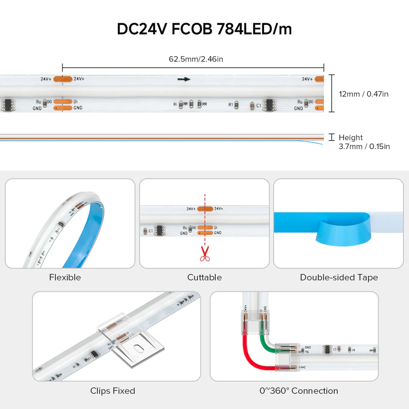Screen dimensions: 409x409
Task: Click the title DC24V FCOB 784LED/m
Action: tap(204, 29)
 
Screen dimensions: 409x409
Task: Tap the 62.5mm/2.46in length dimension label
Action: tap(196, 59)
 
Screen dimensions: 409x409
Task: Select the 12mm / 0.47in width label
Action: tap(364, 94)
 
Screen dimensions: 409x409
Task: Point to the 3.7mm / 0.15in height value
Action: tap(364, 146)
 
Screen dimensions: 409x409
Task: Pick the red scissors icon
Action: tap(204, 253)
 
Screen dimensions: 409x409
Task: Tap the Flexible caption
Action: tap(65, 277)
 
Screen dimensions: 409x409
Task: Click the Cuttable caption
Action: tap(204, 277)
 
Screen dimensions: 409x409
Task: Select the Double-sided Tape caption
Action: tap(339, 277)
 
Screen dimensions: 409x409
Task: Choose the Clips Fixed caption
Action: tap(112, 390)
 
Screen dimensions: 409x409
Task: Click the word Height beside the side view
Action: tap(350, 138)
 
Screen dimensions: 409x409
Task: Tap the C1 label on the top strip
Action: tap(259, 105)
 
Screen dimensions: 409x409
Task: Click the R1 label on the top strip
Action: tap(231, 105)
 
